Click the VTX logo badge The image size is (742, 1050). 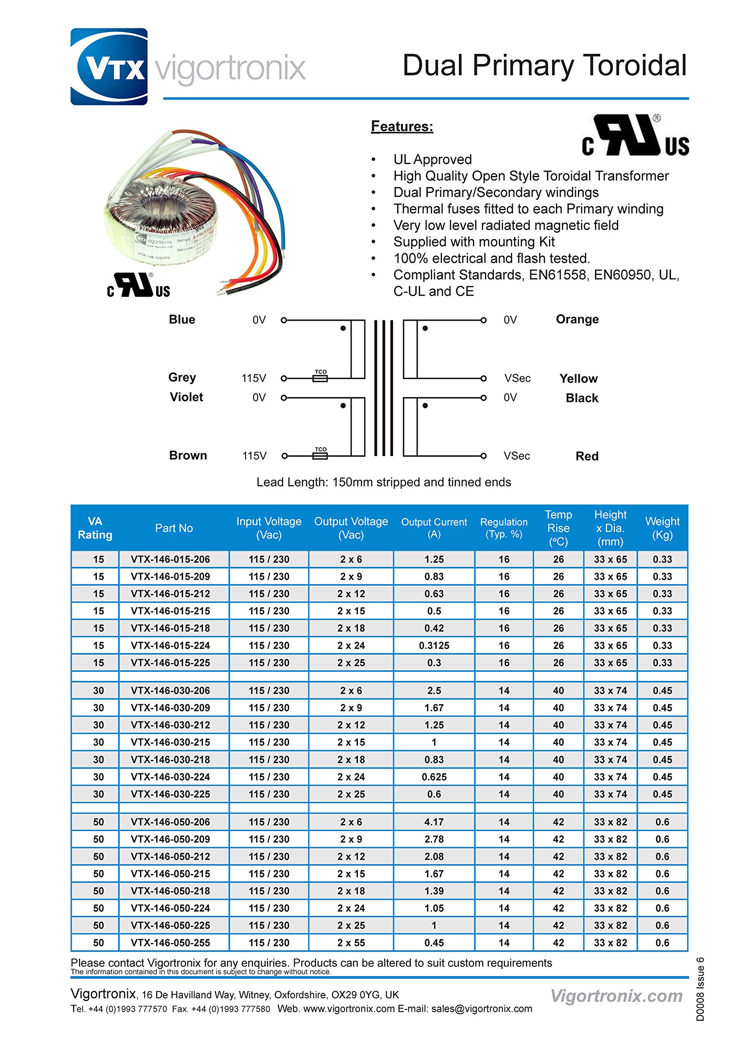[109, 67]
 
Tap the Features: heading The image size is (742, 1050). [402, 126]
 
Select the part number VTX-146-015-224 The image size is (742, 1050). [170, 645]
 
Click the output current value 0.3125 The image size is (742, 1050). [434, 645]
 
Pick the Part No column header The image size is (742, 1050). [174, 528]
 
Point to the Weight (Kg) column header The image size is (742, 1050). [662, 528]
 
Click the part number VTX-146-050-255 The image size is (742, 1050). [170, 943]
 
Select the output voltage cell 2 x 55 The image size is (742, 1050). [351, 943]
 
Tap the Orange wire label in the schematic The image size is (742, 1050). [577, 319]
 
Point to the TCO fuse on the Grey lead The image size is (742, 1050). [320, 378]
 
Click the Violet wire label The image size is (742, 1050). [186, 397]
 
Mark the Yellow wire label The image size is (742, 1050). [578, 378]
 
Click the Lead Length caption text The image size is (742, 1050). [384, 482]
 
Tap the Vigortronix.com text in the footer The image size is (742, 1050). [616, 995]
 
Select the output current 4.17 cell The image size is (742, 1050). [434, 822]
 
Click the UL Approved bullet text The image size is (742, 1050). [432, 159]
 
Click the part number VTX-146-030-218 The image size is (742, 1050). [170, 760]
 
